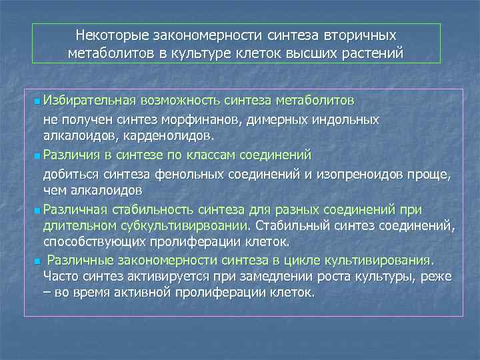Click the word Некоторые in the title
(x=113, y=35)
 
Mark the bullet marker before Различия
(x=36, y=156)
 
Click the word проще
(x=430, y=175)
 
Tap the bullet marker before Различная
(x=36, y=211)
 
